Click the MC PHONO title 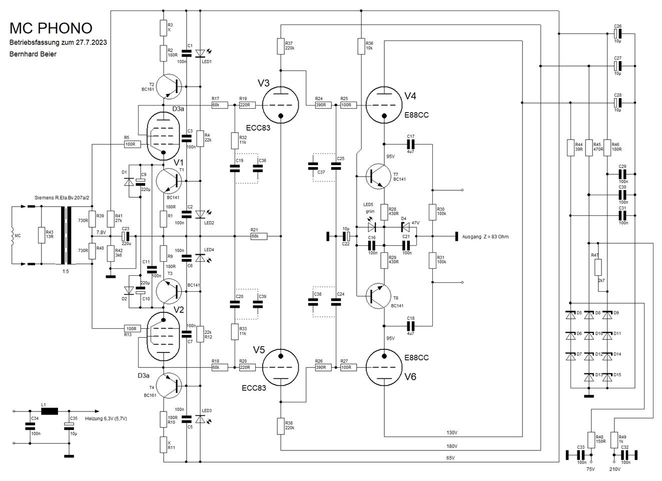51,29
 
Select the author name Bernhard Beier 33,54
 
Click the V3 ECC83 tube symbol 281,105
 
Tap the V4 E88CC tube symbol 384,105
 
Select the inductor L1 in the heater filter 50,411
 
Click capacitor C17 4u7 410,144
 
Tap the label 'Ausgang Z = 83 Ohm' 485,237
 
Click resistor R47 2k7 598,267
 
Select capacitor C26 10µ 617,34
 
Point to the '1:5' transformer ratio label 66,271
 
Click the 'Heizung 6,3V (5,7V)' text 106,418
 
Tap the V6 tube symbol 384,367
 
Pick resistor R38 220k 281,426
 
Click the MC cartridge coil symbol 13,235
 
